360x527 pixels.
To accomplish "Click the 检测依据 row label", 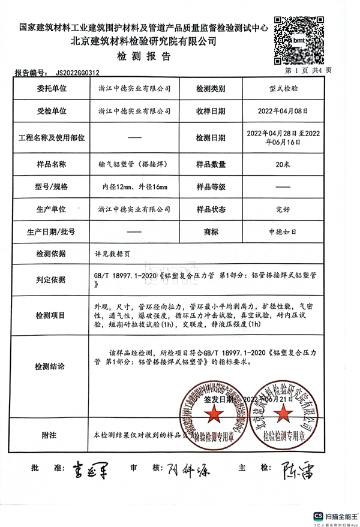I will click(51, 254).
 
